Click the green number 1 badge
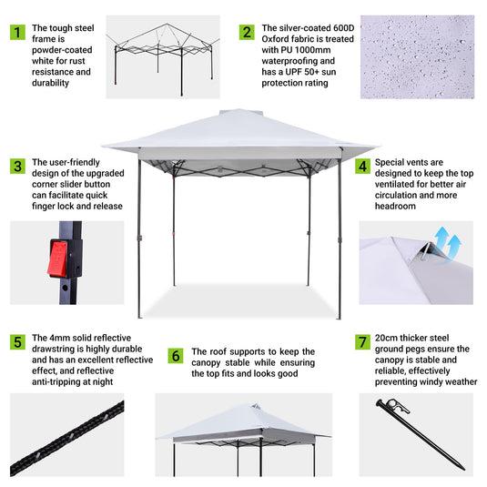pyautogui.click(x=17, y=32)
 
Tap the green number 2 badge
pyautogui.click(x=247, y=32)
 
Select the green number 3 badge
pyautogui.click(x=17, y=166)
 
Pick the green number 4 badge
pyautogui.click(x=363, y=167)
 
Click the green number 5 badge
pyautogui.click(x=17, y=341)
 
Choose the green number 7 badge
pyautogui.click(x=363, y=341)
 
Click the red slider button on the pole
pyautogui.click(x=58, y=259)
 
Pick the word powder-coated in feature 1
pyautogui.click(x=71, y=51)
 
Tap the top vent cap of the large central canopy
pyautogui.click(x=239, y=116)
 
